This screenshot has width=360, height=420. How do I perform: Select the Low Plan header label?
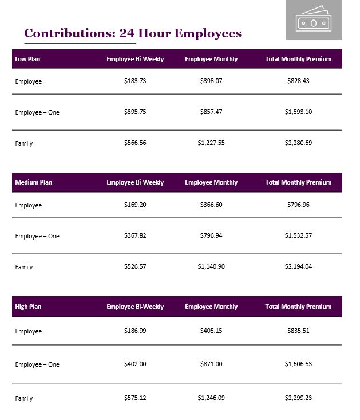click(x=27, y=59)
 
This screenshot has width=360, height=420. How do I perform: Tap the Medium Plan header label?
click(x=33, y=183)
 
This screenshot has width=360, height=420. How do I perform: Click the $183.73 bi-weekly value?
click(x=135, y=81)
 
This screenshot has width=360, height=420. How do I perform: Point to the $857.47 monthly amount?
click(x=211, y=112)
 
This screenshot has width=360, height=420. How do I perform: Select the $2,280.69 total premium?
click(x=298, y=143)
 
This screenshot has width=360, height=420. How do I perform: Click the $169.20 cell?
click(x=135, y=205)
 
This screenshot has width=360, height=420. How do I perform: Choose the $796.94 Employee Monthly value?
click(x=211, y=236)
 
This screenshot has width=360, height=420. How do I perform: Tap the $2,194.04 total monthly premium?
click(x=298, y=267)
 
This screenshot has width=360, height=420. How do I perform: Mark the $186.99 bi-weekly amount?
click(x=135, y=331)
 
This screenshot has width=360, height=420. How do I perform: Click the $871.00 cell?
click(x=211, y=364)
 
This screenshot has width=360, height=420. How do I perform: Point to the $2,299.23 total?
click(x=298, y=398)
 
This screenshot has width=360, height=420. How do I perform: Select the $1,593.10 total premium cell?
click(x=298, y=112)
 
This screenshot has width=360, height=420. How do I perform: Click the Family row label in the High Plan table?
click(x=24, y=398)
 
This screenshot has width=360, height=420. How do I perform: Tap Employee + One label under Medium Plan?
click(x=37, y=236)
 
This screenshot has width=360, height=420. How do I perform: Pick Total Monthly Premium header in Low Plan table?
click(x=298, y=59)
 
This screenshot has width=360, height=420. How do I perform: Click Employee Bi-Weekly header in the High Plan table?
click(x=135, y=307)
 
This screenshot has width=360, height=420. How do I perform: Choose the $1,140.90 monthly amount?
click(x=211, y=267)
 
